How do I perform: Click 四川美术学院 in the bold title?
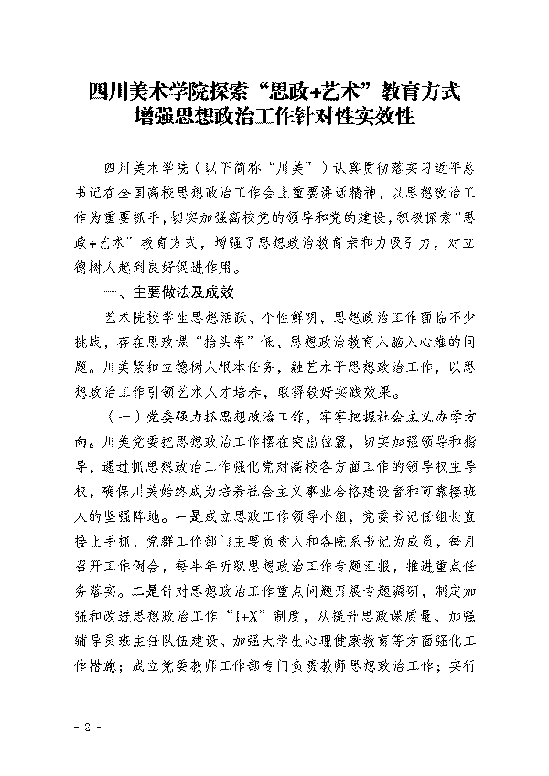point(139,92)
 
